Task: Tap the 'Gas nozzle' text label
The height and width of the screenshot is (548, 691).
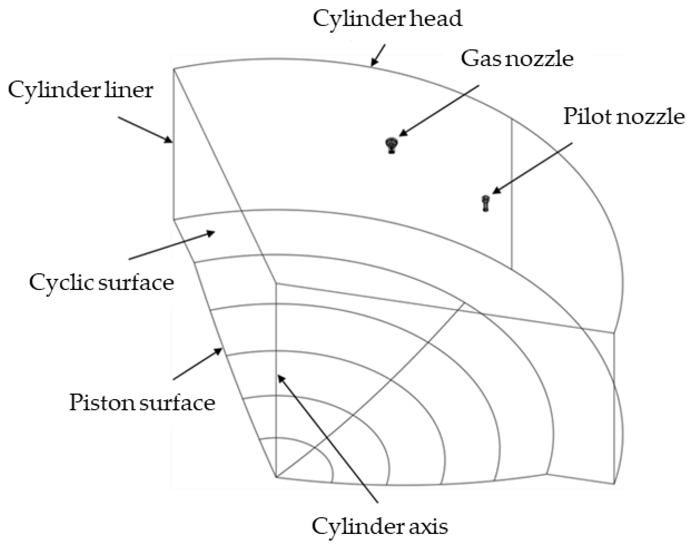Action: [517, 59]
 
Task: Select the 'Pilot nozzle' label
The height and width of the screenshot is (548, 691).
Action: [624, 116]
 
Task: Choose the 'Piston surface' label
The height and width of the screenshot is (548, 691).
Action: [142, 403]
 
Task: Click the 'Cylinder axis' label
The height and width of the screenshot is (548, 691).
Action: [379, 526]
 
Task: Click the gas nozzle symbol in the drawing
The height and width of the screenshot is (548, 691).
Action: [391, 145]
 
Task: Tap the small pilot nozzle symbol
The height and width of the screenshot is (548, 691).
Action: [486, 203]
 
